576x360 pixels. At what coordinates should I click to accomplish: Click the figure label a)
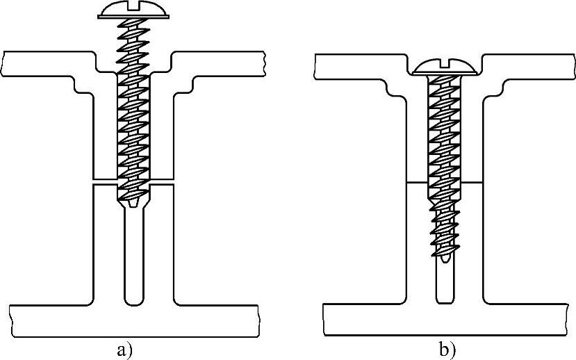click(x=124, y=349)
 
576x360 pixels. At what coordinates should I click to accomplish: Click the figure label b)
click(x=447, y=349)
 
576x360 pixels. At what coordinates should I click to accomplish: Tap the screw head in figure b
click(x=444, y=66)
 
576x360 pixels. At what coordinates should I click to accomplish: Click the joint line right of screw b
click(x=470, y=182)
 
